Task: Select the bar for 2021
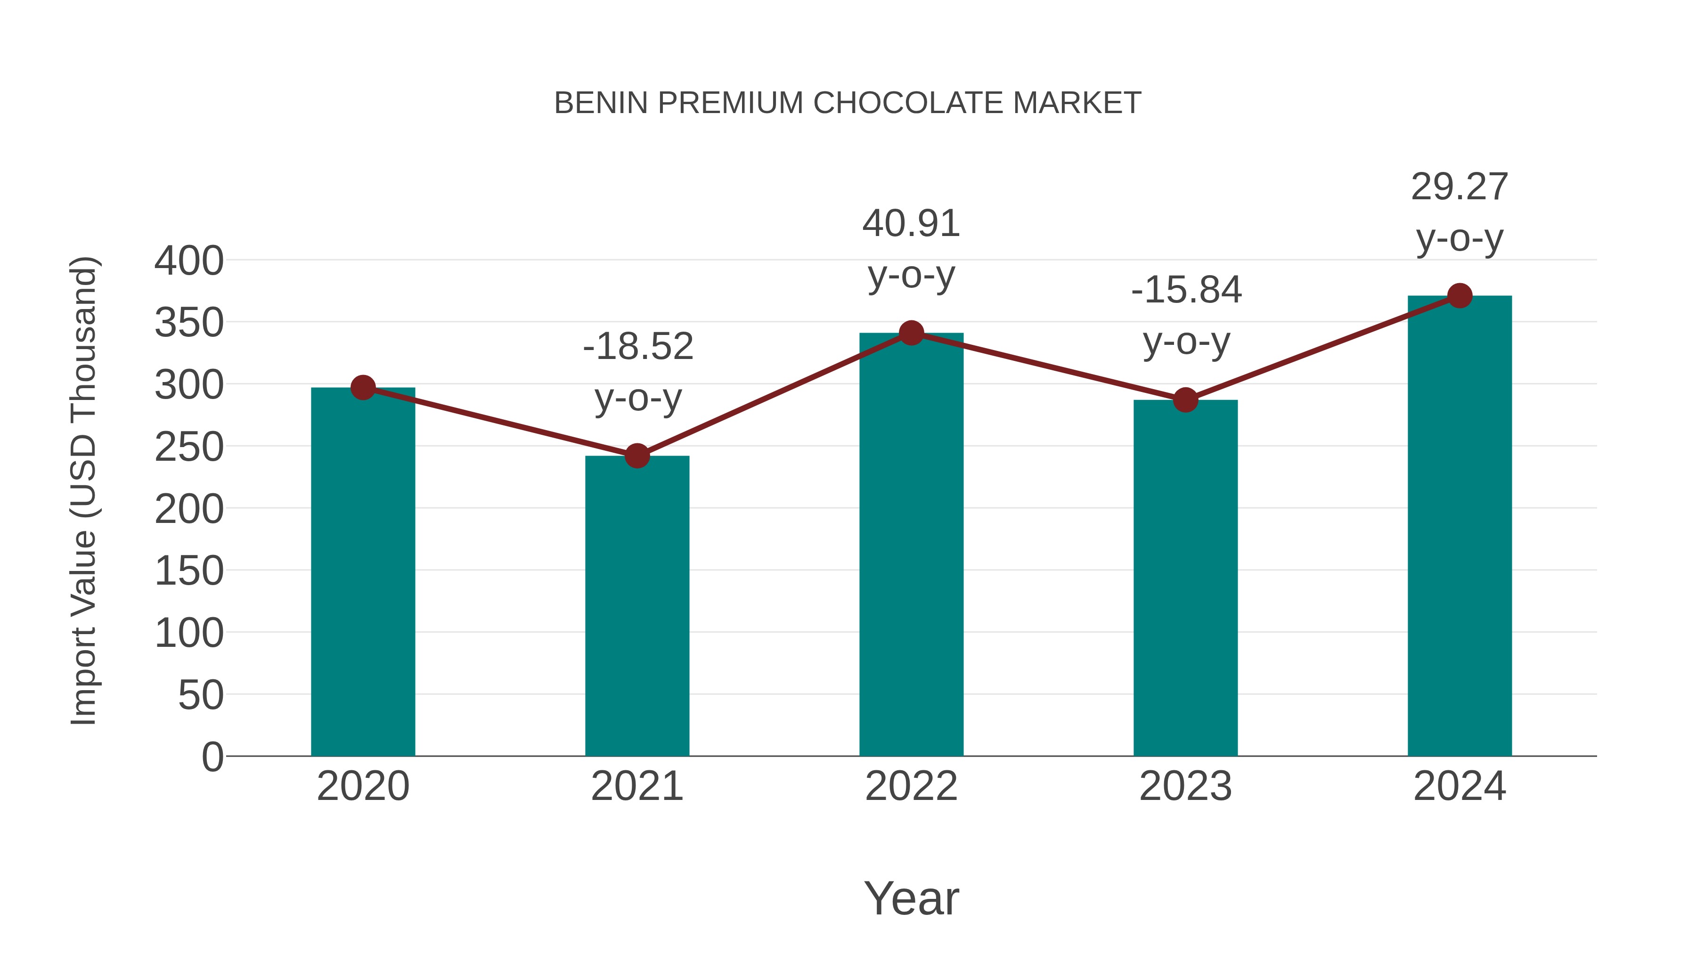point(636,606)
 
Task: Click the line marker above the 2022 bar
point(911,333)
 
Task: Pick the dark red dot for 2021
point(636,456)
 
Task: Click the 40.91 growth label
point(911,224)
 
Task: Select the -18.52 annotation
point(638,347)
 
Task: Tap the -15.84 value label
point(1186,290)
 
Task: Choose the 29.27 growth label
point(1460,187)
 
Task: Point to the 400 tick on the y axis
point(189,261)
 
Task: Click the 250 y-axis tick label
point(189,447)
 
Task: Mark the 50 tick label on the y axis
point(201,695)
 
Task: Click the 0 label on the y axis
point(212,757)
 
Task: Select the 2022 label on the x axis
point(911,786)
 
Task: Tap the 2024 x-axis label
point(1460,786)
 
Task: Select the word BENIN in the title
point(601,103)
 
